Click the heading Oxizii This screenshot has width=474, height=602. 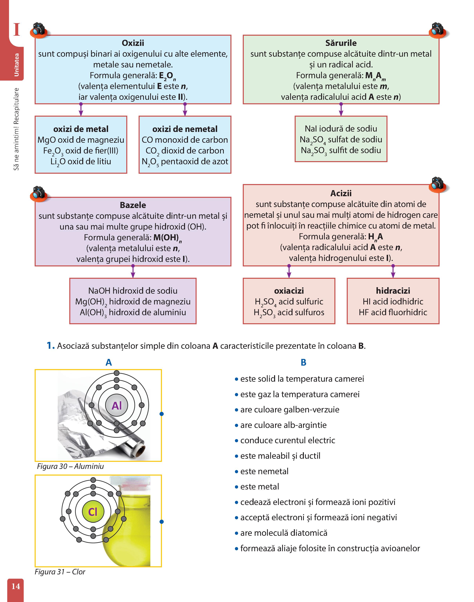tap(133, 43)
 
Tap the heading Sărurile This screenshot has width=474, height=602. tap(341, 43)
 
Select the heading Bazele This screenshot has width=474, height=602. tap(133, 205)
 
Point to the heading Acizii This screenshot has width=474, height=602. tap(341, 193)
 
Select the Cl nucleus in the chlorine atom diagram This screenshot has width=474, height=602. tap(93, 512)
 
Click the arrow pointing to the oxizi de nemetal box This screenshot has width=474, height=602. tap(185, 109)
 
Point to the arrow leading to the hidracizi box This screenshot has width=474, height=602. tap(393, 271)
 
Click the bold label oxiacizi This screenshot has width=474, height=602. tap(289, 291)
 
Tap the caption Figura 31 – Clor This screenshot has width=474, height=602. tap(60, 572)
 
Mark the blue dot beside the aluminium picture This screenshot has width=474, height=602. tap(162, 414)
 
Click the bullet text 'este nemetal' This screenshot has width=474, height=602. tap(265, 471)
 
